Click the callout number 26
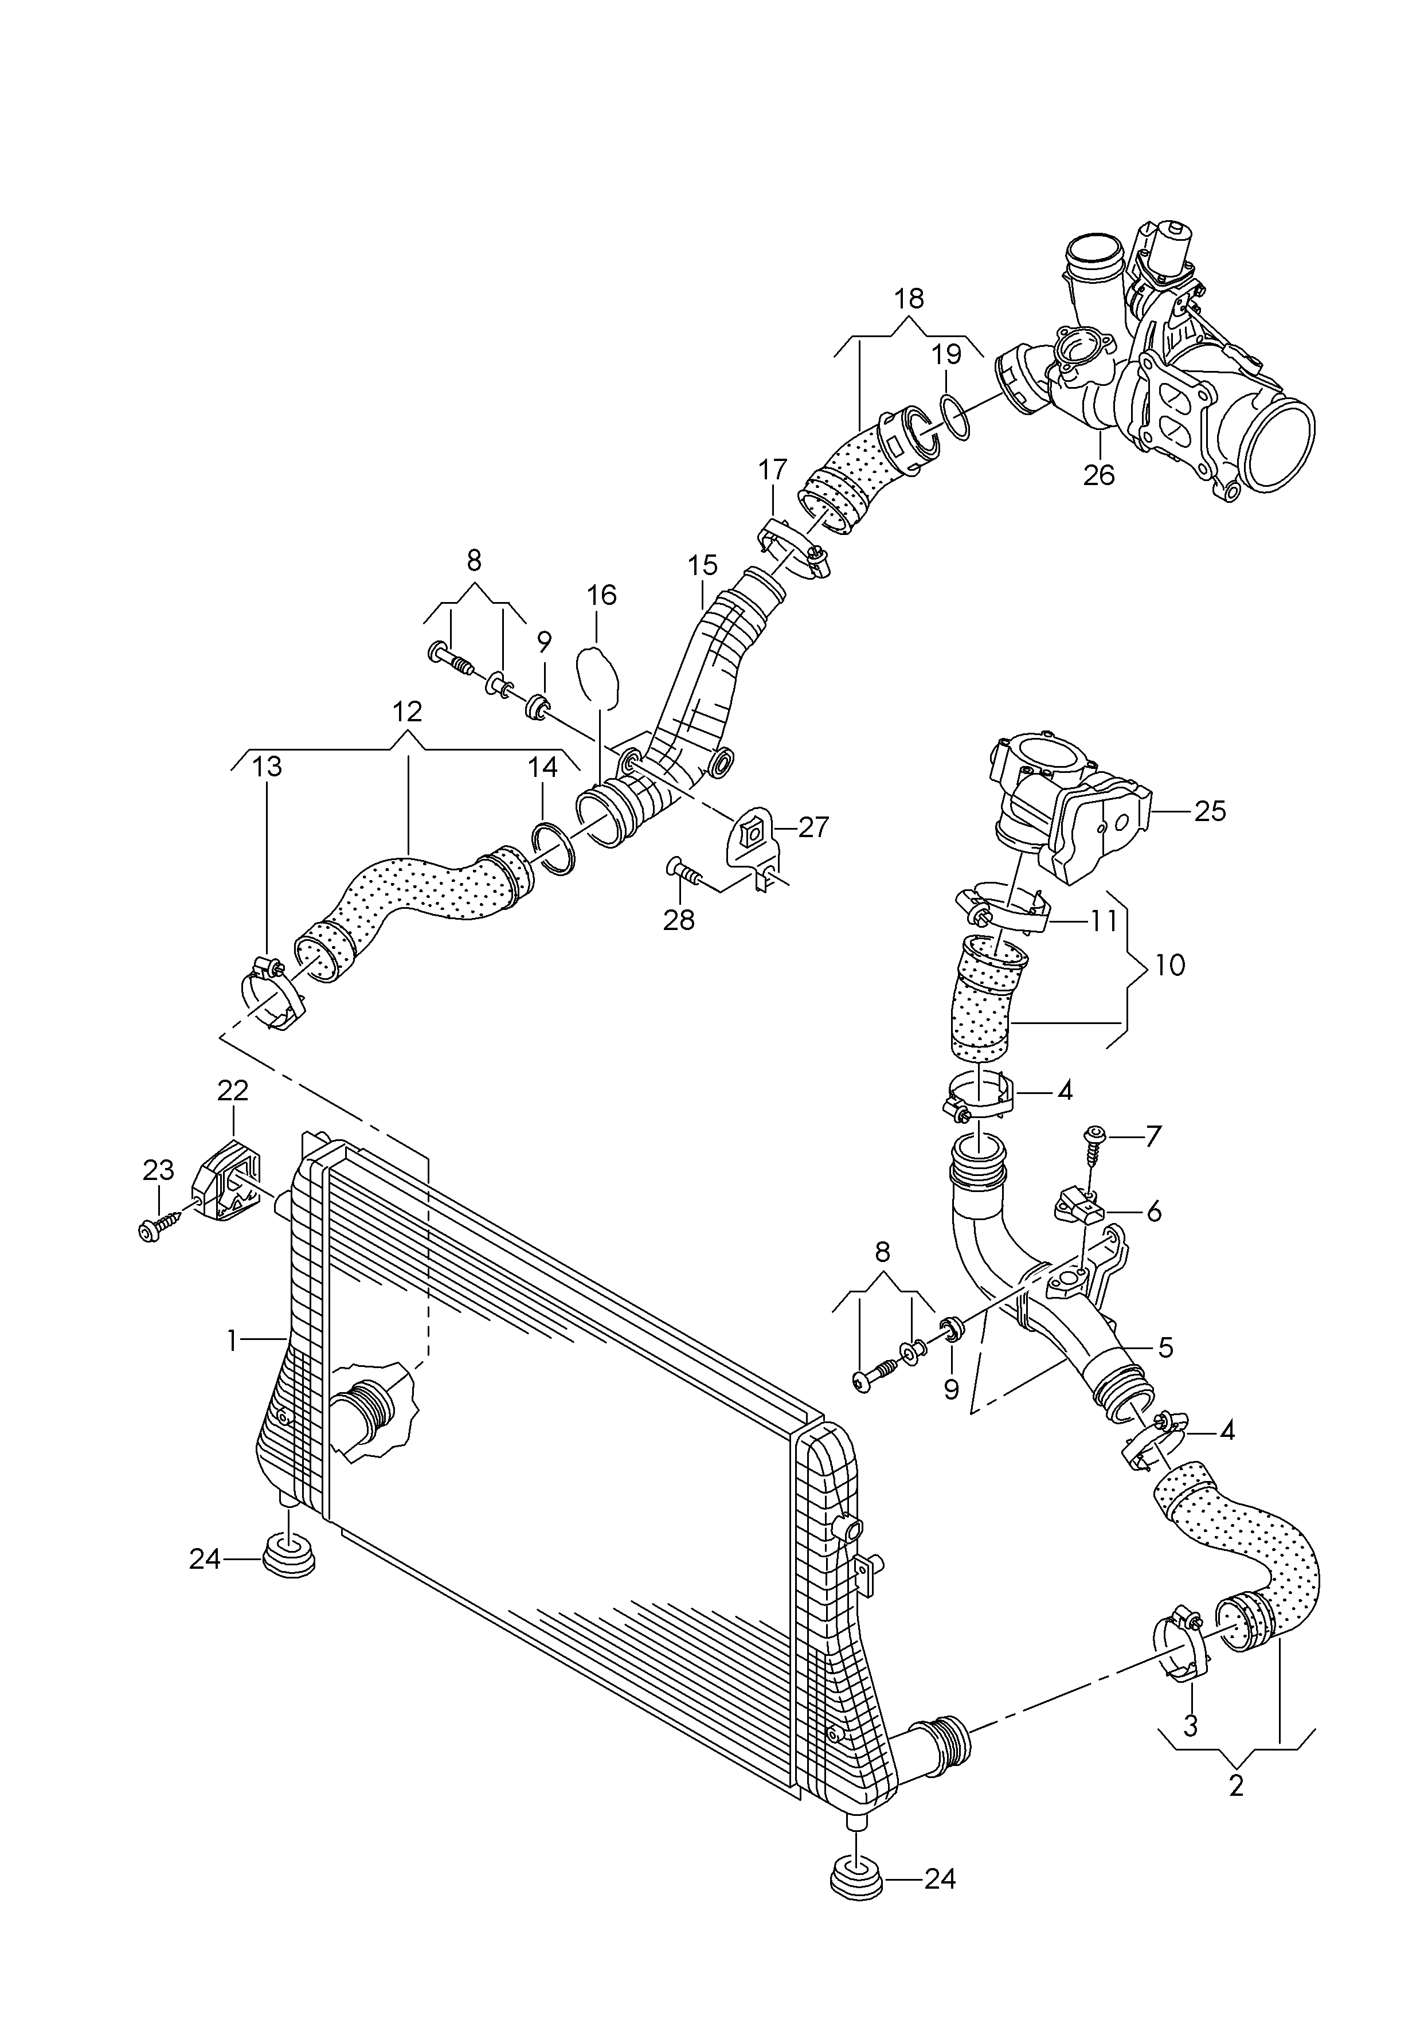pos(1099,475)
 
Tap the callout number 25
pos(1210,810)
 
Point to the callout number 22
pos(233,1091)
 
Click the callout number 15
pos(703,565)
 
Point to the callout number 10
pos(1169,965)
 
